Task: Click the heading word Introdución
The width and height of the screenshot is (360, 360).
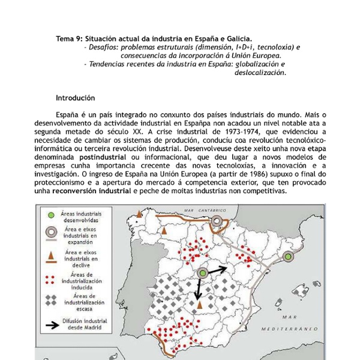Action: [75, 98]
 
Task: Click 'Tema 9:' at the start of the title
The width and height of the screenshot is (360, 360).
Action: [69, 38]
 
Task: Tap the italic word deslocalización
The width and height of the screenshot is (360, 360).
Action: [260, 72]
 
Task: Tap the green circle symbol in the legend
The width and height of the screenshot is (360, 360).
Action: [53, 214]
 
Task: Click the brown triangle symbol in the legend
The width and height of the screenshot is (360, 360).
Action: [53, 255]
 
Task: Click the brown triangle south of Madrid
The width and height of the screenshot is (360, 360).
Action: [199, 306]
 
